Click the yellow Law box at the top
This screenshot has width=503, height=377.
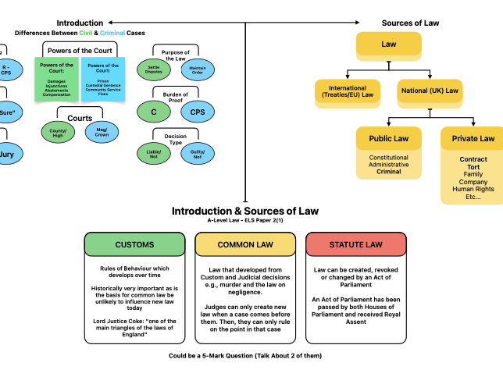pyautogui.click(x=388, y=45)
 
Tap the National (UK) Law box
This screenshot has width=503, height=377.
pyautogui.click(x=430, y=92)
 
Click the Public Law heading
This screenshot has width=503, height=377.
pyautogui.click(x=388, y=139)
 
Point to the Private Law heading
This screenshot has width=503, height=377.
pyautogui.click(x=473, y=139)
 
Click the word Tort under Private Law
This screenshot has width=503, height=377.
pyautogui.click(x=473, y=167)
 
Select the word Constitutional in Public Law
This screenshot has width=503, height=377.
pyautogui.click(x=388, y=158)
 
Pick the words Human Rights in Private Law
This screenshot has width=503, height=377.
pyautogui.click(x=473, y=189)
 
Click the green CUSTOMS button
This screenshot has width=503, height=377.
pyautogui.click(x=134, y=244)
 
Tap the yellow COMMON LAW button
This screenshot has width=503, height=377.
pyautogui.click(x=245, y=244)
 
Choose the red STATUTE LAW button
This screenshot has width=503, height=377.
pyautogui.click(x=355, y=244)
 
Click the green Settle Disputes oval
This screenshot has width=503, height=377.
pyautogui.click(x=154, y=69)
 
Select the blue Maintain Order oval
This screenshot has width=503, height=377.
pyautogui.click(x=198, y=69)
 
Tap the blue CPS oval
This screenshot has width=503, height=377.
pyautogui.click(x=198, y=112)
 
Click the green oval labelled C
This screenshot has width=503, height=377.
pyautogui.click(x=154, y=112)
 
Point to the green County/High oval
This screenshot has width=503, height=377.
pyautogui.click(x=58, y=132)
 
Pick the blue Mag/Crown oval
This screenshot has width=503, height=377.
pyautogui.click(x=102, y=132)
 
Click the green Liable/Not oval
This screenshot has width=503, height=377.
pyautogui.click(x=154, y=154)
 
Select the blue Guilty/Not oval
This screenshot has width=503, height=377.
pyautogui.click(x=198, y=154)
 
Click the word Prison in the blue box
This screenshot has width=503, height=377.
pyautogui.click(x=103, y=81)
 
